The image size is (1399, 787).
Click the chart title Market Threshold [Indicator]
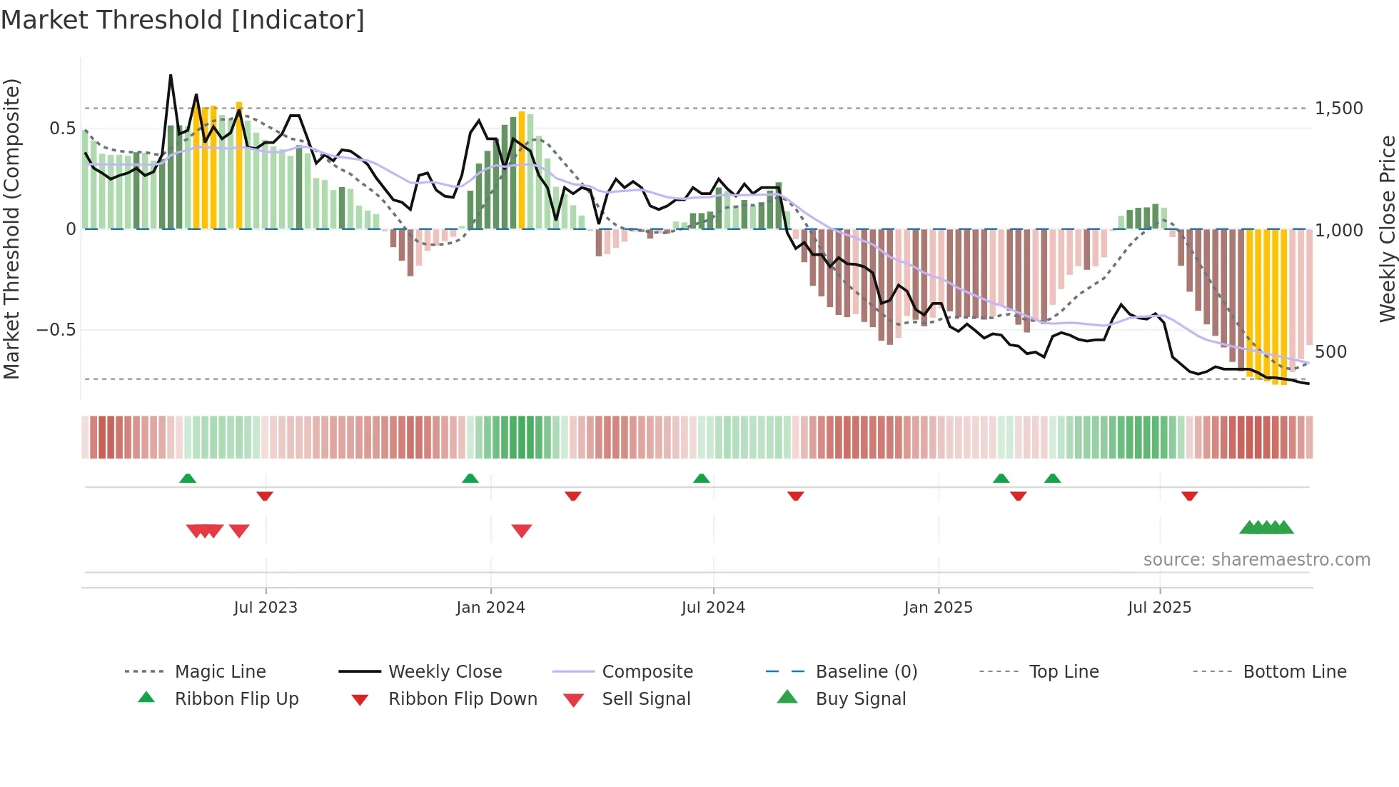183,20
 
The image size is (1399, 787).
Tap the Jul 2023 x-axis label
266,608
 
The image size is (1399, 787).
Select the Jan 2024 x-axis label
490,608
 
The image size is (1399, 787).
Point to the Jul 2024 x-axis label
713,608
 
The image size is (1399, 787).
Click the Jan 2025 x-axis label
938,608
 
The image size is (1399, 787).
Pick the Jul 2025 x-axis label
1159,608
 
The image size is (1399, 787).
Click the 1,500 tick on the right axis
1338,109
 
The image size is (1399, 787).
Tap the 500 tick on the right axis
1330,352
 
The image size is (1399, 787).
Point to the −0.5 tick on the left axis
56,330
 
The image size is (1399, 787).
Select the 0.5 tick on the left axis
62,129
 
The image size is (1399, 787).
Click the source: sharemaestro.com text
1256,560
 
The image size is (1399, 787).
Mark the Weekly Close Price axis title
1387,229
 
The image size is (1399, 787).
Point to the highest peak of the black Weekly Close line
171,76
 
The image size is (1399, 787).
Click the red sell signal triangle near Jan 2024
522,531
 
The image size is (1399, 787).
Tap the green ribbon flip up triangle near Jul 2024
701,478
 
